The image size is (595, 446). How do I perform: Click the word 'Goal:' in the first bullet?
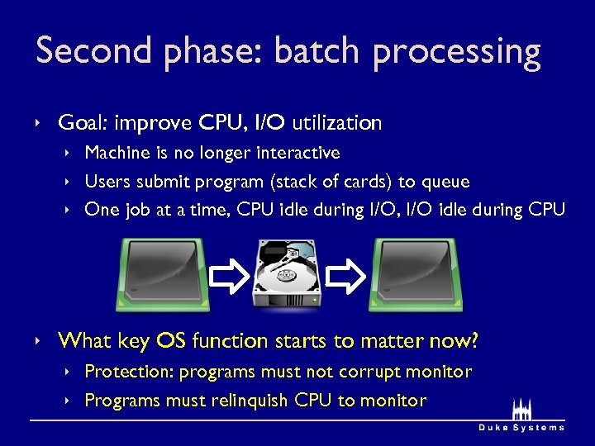(x=83, y=124)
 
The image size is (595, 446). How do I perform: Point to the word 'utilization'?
(x=336, y=124)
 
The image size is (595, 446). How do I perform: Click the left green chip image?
(x=163, y=274)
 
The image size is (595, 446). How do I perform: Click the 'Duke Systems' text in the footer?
(x=521, y=427)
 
